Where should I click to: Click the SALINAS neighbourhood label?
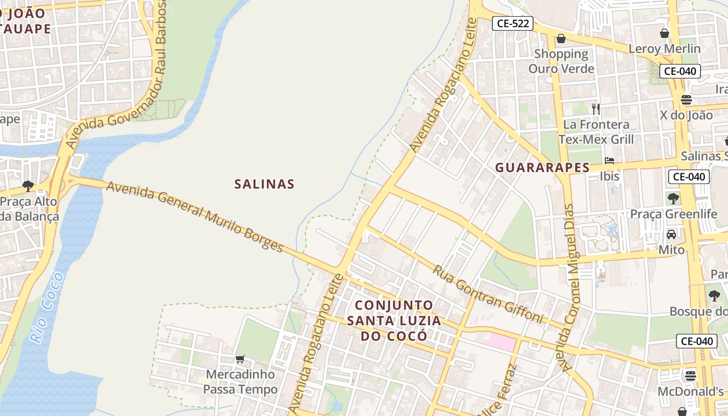point(264,184)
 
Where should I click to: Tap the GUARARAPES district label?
point(542,167)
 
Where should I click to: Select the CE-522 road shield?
point(513,23)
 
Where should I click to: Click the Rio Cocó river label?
point(46,307)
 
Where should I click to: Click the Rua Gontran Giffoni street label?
point(488,294)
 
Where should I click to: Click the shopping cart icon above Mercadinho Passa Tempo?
point(240,359)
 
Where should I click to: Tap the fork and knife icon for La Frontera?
point(596,109)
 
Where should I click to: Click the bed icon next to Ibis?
point(609,160)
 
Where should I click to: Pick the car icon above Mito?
point(671,234)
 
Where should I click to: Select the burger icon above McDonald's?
point(691,375)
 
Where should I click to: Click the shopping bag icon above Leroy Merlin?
point(664,33)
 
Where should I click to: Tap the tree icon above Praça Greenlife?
point(673,198)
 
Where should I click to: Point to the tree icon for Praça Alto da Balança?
point(28,186)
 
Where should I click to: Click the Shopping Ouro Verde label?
point(561,61)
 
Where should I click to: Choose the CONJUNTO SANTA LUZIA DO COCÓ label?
point(394,320)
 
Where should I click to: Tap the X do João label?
point(686,115)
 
